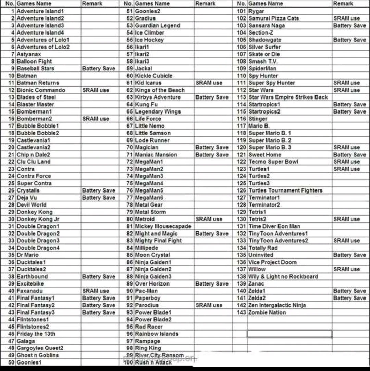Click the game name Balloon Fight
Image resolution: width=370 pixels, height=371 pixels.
(x=34, y=62)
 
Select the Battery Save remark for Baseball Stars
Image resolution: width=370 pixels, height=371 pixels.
(x=99, y=69)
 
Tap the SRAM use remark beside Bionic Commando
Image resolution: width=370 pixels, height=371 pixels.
(x=96, y=90)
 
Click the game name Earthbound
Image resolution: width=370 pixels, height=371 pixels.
(x=32, y=277)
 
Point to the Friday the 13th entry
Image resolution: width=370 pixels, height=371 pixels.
(x=36, y=334)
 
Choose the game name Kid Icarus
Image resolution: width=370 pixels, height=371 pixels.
(x=148, y=83)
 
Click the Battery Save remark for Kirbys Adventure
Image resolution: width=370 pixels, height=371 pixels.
(x=212, y=97)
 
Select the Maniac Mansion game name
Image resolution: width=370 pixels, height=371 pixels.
(x=156, y=155)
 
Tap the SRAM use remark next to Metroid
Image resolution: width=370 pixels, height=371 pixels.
(x=209, y=219)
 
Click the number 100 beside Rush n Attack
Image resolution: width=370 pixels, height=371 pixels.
(x=128, y=362)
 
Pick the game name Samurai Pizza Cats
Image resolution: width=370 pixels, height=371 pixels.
(x=274, y=18)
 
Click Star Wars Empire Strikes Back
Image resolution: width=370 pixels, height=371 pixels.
(x=288, y=97)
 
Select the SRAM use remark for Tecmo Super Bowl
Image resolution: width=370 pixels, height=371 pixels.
(x=346, y=162)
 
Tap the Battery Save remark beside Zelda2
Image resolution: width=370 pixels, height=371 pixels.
(x=349, y=298)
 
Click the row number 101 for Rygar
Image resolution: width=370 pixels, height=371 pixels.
(x=242, y=11)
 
